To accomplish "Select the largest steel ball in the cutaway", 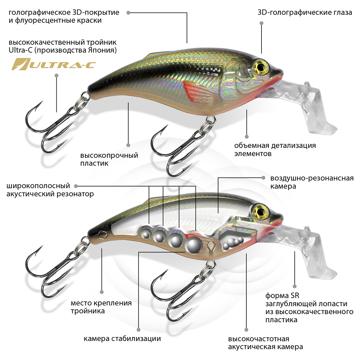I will tap(193, 245).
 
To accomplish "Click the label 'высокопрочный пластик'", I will tap(109, 159).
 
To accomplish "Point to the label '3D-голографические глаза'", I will tap(305, 13).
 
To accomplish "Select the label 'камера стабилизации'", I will tap(122, 339).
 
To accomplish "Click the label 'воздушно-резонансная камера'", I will tap(312, 182).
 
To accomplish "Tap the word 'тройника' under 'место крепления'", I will tap(88, 311).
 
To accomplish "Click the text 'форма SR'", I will tap(282, 296).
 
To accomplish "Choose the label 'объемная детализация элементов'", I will tap(275, 150).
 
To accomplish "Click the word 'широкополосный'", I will tap(38, 186).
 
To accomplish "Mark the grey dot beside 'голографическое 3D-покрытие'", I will tap(128, 13).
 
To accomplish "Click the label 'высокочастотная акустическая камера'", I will tap(265, 343).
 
